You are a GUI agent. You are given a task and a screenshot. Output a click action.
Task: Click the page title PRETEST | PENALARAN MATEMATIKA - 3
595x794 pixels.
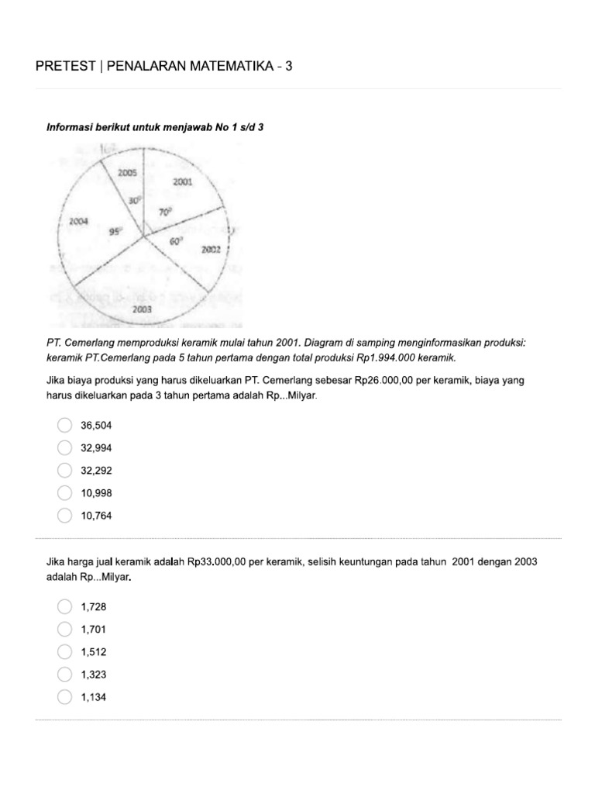164,67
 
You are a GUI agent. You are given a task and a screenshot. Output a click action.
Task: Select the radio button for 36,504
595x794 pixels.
65,425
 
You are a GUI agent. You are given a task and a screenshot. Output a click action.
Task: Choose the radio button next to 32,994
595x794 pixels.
65,447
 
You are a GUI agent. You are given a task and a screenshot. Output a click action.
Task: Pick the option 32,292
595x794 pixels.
65,470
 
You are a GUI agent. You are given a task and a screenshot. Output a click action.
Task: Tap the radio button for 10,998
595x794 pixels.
65,492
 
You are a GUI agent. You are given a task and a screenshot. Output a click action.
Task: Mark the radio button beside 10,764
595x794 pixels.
65,515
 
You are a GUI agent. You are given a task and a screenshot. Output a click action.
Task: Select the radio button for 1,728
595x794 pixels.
65,607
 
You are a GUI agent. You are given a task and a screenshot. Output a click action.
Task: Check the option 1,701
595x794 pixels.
65,630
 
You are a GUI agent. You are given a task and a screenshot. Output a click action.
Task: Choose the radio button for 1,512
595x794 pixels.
65,652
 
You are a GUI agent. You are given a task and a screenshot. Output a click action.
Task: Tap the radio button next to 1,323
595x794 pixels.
65,675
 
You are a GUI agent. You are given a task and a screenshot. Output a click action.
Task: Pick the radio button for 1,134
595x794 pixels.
65,697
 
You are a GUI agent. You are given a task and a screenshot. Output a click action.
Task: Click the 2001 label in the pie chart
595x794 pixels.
183,182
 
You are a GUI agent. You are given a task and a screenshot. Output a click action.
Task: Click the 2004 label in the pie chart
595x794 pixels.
78,221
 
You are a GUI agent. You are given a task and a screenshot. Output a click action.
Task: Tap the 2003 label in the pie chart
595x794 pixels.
142,309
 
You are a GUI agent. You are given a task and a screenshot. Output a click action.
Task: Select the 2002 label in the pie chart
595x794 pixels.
211,250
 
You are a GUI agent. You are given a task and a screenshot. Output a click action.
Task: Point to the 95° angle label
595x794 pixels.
116,230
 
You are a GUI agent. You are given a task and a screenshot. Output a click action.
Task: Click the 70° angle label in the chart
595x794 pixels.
165,211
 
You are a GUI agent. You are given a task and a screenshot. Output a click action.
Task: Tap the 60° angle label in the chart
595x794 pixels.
177,241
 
